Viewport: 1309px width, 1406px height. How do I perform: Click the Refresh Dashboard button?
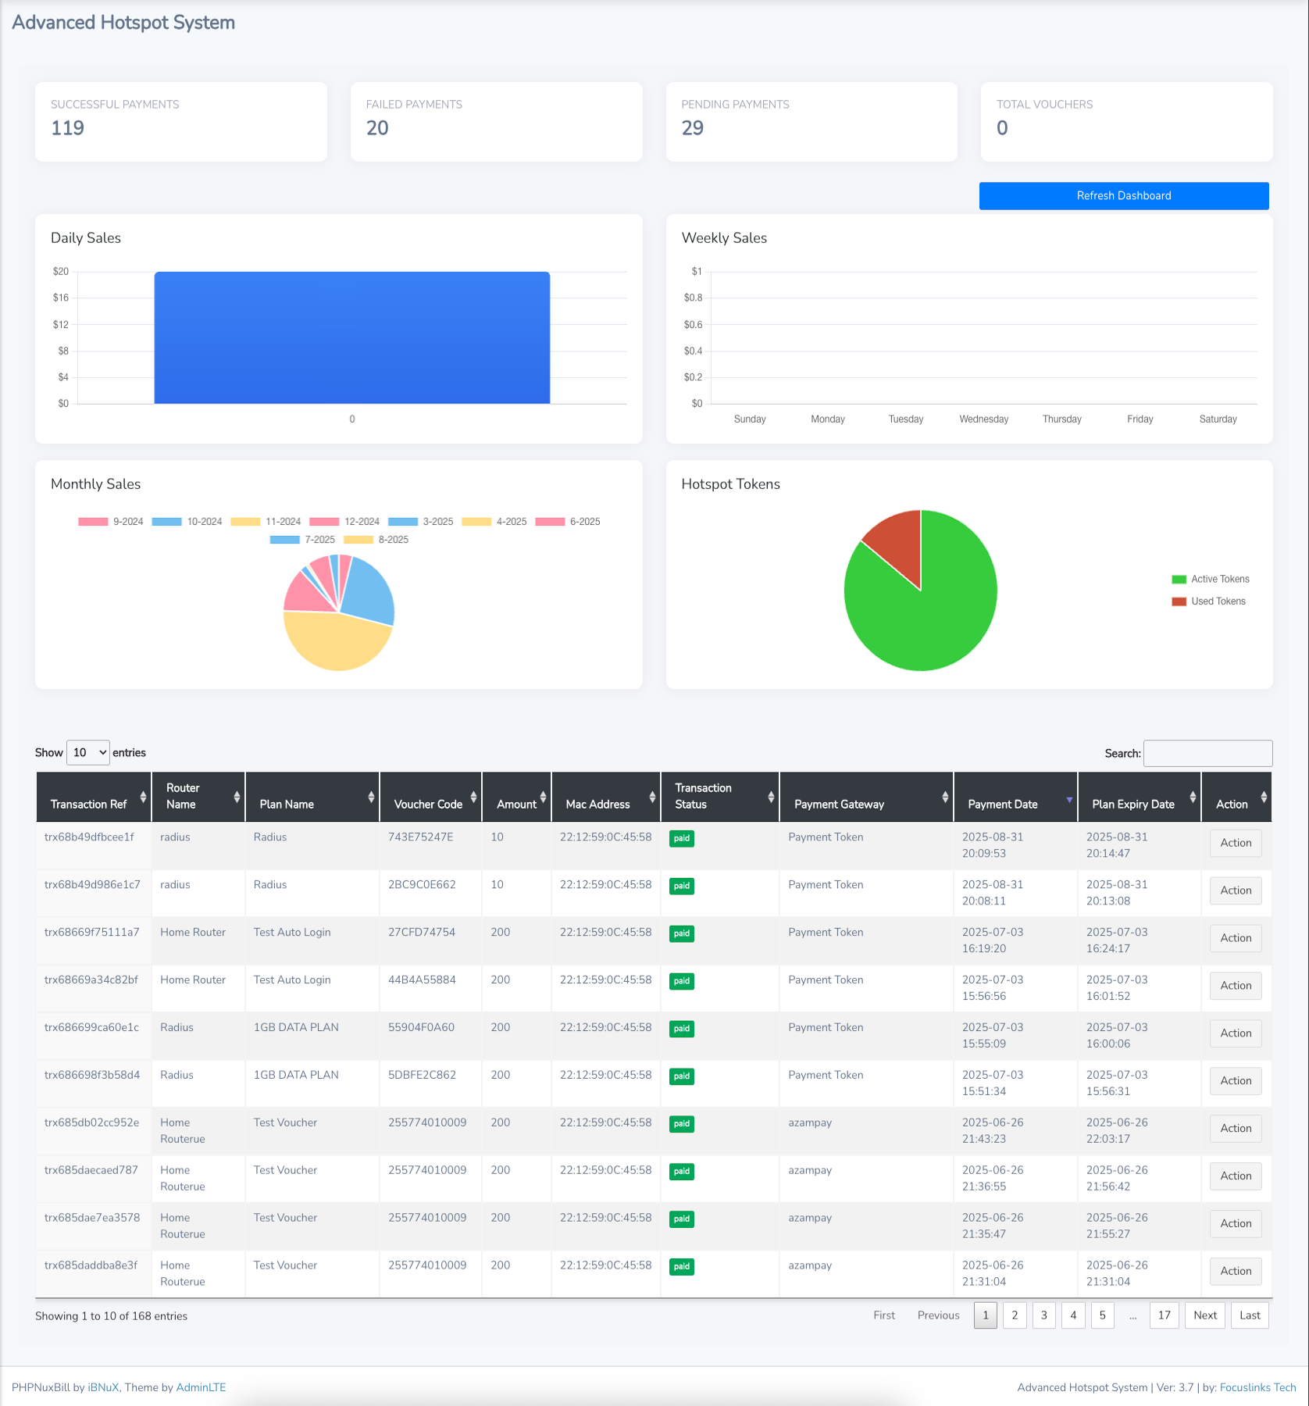1123,196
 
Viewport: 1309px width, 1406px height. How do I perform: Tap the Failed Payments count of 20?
377,128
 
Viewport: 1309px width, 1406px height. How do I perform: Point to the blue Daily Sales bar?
351,337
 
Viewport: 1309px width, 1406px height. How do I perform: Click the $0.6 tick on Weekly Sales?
693,325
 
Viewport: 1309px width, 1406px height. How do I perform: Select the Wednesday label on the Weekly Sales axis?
983,419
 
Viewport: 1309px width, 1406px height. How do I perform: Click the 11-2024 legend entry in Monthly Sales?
266,522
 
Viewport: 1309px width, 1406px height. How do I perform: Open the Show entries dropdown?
88,753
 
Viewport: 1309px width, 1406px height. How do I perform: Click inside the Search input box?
1207,754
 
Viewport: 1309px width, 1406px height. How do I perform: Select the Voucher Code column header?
429,805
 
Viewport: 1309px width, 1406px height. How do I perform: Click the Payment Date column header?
1003,805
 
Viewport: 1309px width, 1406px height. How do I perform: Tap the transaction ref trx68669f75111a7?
92,933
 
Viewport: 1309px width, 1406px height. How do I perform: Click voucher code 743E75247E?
421,837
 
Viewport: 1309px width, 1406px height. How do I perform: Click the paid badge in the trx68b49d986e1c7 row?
682,887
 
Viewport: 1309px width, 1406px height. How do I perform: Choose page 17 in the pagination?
1164,1315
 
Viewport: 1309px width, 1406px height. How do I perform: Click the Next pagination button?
1205,1315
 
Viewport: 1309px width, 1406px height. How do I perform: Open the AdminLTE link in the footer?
201,1387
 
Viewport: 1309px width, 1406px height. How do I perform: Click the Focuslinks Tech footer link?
1257,1387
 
